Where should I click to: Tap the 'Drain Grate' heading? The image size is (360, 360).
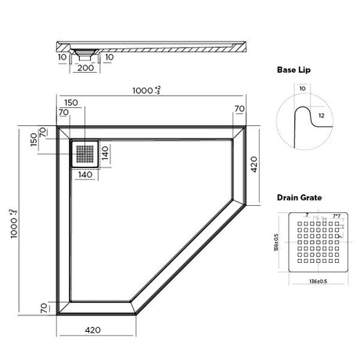click(x=301, y=199)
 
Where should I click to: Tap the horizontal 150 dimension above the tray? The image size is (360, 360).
click(x=71, y=103)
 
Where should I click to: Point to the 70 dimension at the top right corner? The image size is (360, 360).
click(x=240, y=109)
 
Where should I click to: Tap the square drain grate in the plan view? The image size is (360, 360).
click(x=85, y=153)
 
